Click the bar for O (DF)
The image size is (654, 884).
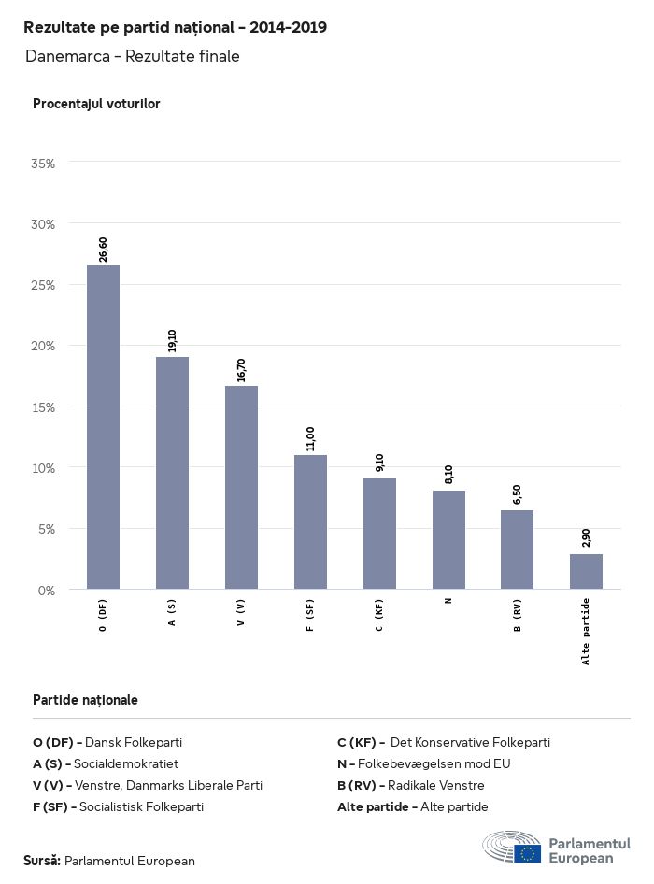pos(103,427)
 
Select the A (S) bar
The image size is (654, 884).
pos(172,473)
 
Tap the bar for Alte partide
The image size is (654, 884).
pos(586,571)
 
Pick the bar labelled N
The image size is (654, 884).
pos(448,539)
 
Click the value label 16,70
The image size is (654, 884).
pos(241,370)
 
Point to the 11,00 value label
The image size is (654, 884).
pos(310,439)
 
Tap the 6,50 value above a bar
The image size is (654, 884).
pos(517,494)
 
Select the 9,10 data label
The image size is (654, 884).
pos(379,463)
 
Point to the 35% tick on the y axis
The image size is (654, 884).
pos(43,164)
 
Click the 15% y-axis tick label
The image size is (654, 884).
pos(43,407)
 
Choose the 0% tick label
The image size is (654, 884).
pos(47,591)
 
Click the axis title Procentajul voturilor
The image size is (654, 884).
pos(96,104)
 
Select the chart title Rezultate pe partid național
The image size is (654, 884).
pos(175,27)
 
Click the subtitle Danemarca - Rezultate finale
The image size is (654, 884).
pos(133,56)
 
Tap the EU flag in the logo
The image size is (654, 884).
pos(527,852)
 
